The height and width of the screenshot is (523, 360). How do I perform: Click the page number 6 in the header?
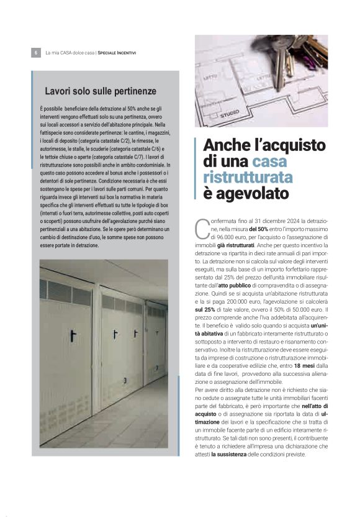tap(35, 53)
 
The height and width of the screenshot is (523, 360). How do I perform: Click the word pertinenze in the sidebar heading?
tap(132, 91)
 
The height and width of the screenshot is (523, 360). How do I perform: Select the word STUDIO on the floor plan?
tap(229, 113)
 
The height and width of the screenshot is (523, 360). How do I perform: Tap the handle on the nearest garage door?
tap(72, 335)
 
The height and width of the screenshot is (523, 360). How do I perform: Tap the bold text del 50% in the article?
tap(261, 229)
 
